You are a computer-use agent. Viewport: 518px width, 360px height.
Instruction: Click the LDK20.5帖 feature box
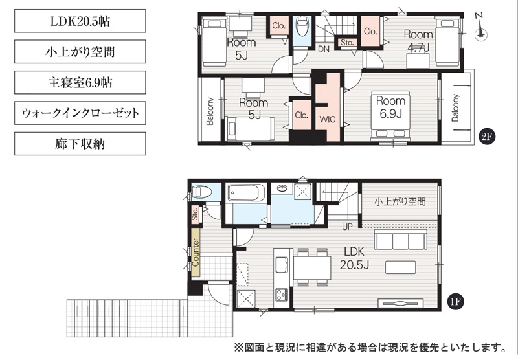[80, 21]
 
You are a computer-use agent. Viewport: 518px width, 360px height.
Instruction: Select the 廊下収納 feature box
[80, 144]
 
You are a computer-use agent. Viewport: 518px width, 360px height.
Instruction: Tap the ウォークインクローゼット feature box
[80, 113]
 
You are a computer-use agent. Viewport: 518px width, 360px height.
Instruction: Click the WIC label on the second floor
[327, 119]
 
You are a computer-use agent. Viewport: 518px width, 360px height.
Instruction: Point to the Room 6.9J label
[391, 107]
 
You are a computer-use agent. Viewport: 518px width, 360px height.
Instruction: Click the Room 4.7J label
[418, 41]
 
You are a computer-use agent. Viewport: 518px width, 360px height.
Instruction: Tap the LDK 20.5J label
[354, 258]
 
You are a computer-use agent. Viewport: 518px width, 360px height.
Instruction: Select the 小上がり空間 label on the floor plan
[400, 201]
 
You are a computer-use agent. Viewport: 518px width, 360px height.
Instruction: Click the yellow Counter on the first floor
[196, 253]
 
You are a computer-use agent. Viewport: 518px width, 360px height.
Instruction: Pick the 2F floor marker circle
[487, 137]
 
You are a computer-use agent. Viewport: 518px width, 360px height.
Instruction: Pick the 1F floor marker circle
[455, 301]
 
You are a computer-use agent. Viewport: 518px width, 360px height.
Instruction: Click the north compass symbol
[480, 30]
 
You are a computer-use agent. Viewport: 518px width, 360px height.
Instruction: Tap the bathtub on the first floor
[246, 192]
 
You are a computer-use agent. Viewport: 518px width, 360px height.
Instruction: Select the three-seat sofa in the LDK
[400, 240]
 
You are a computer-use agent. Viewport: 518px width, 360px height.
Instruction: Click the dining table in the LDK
[312, 267]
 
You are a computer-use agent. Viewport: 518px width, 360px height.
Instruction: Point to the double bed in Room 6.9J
[391, 116]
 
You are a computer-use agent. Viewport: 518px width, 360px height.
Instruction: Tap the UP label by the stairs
[347, 227]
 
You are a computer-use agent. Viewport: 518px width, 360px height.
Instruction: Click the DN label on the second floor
[324, 49]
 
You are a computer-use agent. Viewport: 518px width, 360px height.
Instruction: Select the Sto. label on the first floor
[195, 214]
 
